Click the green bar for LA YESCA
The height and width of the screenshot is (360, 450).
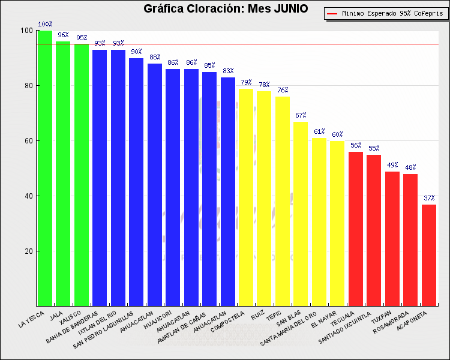tap(45, 168)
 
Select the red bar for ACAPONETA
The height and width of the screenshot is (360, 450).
tap(429, 255)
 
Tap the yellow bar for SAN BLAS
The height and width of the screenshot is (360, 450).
tap(301, 214)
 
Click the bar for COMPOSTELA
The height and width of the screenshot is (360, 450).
tap(246, 197)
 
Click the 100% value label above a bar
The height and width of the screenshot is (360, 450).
tap(45, 25)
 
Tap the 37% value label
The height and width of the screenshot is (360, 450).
tap(429, 198)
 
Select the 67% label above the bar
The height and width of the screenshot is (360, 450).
tap(301, 115)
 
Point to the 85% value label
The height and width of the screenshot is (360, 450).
tap(209, 66)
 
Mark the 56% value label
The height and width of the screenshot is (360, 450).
tap(356, 146)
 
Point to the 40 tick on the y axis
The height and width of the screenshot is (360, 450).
tap(28, 196)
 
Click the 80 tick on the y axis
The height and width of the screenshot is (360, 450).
tap(28, 86)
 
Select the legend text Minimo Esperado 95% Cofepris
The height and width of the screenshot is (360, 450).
tap(392, 13)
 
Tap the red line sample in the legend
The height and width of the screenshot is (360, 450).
tap(333, 13)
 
